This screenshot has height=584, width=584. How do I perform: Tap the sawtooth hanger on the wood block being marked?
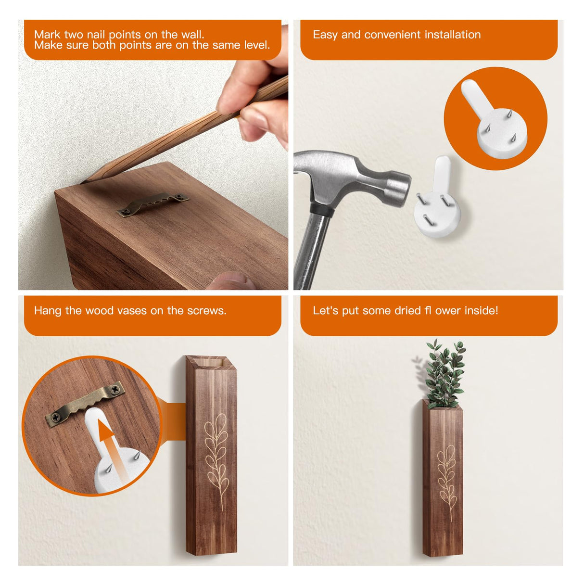[153, 203]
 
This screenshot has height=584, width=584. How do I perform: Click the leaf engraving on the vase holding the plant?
[447, 473]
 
